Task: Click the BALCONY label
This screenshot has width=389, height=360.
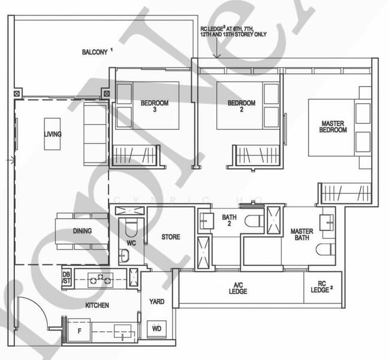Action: [x=95, y=52]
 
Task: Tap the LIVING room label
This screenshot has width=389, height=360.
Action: [x=52, y=134]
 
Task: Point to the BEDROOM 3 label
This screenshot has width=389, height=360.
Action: [x=155, y=106]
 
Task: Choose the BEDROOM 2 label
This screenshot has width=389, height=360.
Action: [x=242, y=106]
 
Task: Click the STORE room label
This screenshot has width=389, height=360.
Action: [x=171, y=237]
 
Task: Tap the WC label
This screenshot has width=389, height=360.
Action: [x=132, y=244]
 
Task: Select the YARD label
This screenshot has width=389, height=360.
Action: [x=156, y=302]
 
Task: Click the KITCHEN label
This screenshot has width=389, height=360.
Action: [x=97, y=305]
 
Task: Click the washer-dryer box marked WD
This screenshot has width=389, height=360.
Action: [x=158, y=329]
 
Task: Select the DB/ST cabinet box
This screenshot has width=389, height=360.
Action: [x=67, y=277]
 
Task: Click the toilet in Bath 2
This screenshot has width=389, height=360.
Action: [x=252, y=220]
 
